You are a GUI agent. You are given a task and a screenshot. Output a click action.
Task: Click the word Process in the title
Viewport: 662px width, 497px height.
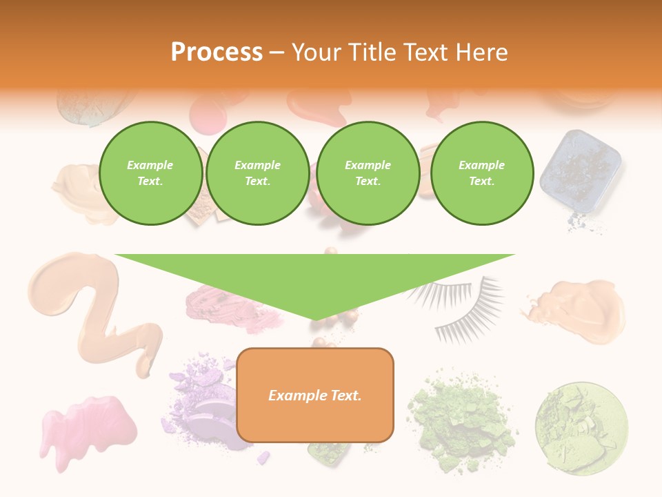point(217,52)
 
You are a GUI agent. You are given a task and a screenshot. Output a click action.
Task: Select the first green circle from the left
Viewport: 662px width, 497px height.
point(150,173)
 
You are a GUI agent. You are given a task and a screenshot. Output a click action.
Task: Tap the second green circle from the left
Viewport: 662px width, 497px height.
point(257,173)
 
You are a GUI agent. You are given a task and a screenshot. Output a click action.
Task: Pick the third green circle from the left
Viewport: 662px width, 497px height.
point(368,173)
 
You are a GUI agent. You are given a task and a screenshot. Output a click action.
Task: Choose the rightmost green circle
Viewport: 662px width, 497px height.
point(481,173)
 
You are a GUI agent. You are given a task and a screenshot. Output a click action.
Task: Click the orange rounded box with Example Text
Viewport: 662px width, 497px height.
point(315,395)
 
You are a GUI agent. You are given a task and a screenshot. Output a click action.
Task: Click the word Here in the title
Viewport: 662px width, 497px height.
point(483,52)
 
